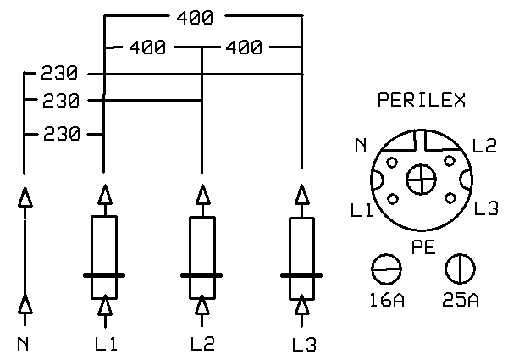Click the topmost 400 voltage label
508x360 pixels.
pyautogui.click(x=195, y=18)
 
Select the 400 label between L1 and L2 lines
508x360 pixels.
pyautogui.click(x=147, y=47)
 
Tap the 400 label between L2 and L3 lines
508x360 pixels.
pyautogui.click(x=244, y=47)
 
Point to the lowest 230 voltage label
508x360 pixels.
pyautogui.click(x=62, y=134)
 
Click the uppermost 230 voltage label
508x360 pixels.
pyautogui.click(x=59, y=73)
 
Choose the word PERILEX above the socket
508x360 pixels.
pyautogui.click(x=422, y=100)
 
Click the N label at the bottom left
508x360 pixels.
pyautogui.click(x=23, y=344)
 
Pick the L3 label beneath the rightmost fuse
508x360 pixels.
pyautogui.click(x=304, y=345)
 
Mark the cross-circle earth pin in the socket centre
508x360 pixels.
pyautogui.click(x=421, y=180)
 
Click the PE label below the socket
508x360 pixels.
pyautogui.click(x=423, y=247)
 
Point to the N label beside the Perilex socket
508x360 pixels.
pyautogui.click(x=361, y=145)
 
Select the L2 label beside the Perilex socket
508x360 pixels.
pyautogui.click(x=484, y=146)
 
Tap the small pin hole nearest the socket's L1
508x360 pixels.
pyautogui.click(x=393, y=198)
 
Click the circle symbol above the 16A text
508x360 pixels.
pyautogui.click(x=386, y=269)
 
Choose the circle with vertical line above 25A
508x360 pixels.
pyautogui.click(x=460, y=269)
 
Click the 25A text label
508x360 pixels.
pyautogui.click(x=461, y=300)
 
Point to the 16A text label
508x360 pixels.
pyautogui.click(x=387, y=300)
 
